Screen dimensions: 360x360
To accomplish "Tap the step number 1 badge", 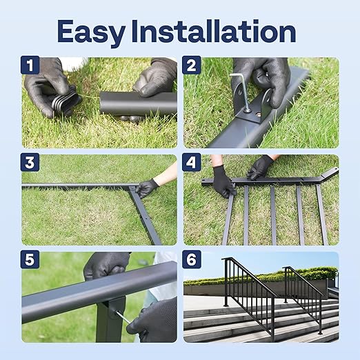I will (30, 66).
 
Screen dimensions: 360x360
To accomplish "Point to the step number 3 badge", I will (30, 163).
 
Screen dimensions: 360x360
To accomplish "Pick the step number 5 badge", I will (30, 261).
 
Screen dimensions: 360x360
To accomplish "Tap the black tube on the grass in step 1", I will (138, 104).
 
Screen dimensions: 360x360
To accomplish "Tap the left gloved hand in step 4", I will (223, 181).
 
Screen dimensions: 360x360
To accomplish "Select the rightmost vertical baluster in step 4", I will (321, 214).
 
